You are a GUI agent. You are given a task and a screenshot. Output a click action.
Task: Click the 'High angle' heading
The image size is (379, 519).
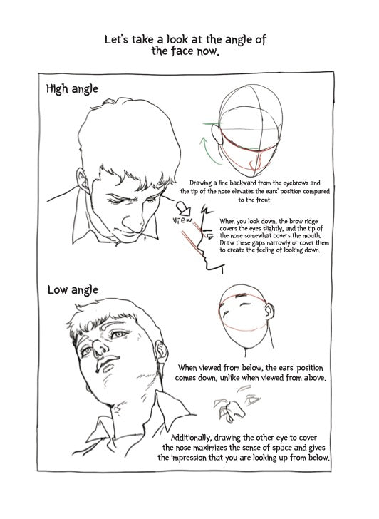72,89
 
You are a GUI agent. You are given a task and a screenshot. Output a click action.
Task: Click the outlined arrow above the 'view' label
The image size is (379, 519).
184,207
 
